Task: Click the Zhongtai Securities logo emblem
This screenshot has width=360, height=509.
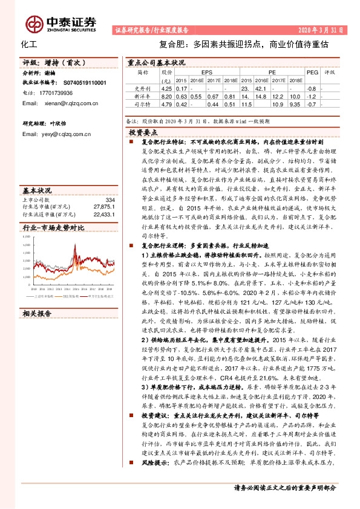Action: pos(34,22)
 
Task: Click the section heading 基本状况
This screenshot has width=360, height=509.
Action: pos(38,189)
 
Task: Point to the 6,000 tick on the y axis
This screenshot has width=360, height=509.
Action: pos(27,237)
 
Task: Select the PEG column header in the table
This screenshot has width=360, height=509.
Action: pos(312,71)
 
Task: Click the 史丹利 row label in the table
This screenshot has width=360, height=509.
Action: pos(142,88)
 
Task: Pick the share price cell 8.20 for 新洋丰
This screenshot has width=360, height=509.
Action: pos(166,97)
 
